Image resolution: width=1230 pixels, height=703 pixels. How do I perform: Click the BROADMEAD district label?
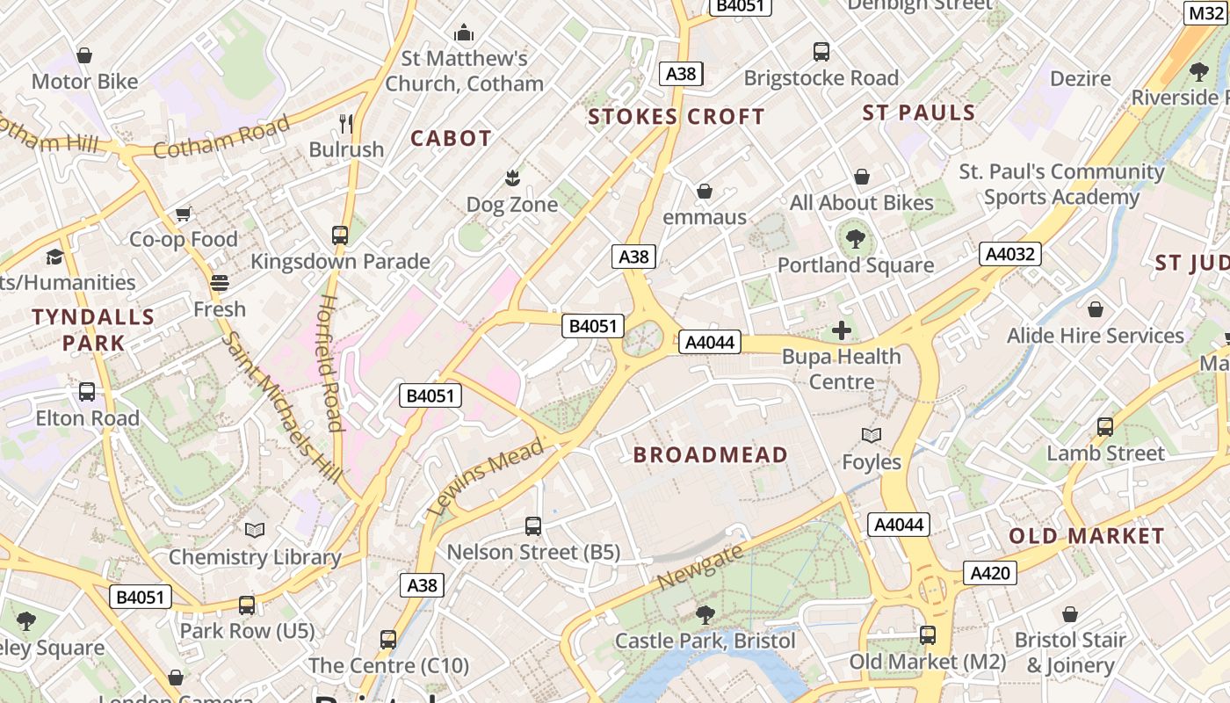pos(710,454)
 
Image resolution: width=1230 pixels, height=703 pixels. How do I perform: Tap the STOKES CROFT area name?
pos(676,116)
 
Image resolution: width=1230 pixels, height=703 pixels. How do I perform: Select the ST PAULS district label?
pos(919,112)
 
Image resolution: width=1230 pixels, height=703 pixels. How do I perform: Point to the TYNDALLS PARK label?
pos(93,330)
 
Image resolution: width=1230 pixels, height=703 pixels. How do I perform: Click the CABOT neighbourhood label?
pos(451,138)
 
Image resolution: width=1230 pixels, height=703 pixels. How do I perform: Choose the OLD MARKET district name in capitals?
pos(1086,536)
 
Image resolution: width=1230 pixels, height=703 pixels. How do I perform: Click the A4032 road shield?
pos(1010,254)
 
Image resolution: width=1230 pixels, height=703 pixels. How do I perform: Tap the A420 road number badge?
pos(990,574)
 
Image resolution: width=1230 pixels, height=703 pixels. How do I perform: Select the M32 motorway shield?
pos(1205,12)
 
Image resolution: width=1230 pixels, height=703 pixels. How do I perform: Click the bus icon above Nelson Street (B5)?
pos(533,526)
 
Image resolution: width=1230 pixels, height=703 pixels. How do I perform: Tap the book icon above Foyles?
pos(872,436)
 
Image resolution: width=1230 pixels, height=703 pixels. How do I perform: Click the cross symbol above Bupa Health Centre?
pos(842,330)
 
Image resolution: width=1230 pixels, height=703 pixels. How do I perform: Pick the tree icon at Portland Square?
pos(855,238)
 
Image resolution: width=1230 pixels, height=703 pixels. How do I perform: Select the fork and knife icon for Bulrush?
pos(346,123)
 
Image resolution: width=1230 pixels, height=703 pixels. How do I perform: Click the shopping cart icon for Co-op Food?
pos(184,214)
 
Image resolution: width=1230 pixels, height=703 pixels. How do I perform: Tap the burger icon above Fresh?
pos(219,283)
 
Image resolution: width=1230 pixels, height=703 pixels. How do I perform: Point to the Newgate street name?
pos(700,568)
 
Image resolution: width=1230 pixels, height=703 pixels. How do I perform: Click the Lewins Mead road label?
pos(484,477)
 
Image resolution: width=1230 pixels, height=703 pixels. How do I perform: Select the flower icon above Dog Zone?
pos(511,179)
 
